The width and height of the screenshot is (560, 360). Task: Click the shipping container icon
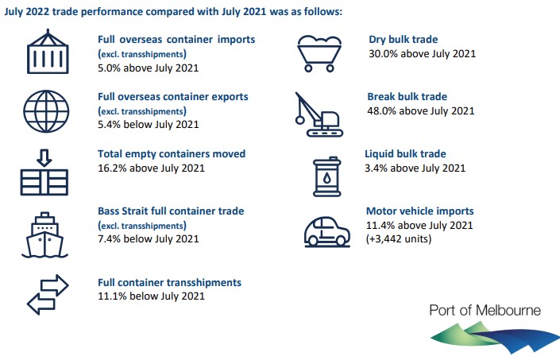[x=48, y=52]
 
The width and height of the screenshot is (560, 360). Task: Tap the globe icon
[x=46, y=111]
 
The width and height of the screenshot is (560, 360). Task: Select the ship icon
[x=44, y=235]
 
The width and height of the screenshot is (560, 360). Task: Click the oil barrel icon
[x=326, y=176]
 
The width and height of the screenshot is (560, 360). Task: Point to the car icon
[x=326, y=232]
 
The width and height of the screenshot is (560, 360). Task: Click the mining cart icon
[x=319, y=53]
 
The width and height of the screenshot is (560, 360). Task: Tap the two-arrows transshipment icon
[x=48, y=295]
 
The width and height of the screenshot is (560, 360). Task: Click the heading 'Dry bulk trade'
[x=404, y=39]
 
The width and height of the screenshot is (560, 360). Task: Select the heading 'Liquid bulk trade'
[x=405, y=154]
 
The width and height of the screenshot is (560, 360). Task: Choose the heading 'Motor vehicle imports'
[x=420, y=211]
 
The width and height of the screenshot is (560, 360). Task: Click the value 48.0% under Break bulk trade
[x=382, y=110]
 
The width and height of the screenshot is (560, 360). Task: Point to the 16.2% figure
[x=112, y=168]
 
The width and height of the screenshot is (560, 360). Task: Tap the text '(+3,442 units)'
[x=399, y=238]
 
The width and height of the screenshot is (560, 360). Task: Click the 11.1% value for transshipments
[x=112, y=296]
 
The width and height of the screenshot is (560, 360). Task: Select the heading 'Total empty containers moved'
[x=172, y=154]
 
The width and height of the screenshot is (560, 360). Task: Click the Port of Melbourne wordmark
[x=485, y=311]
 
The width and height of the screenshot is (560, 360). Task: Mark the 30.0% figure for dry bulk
[x=383, y=53]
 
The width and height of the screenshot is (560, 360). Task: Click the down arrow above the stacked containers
[x=44, y=157]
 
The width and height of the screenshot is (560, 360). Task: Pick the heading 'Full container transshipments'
[x=170, y=282]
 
